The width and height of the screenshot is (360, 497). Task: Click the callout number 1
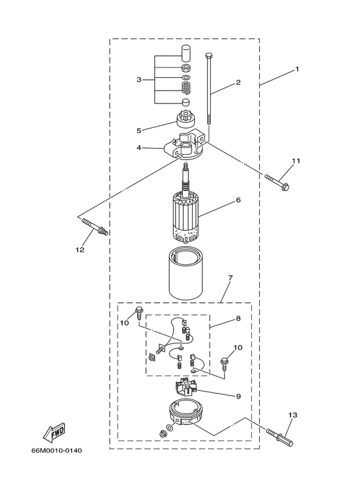coord(297,69)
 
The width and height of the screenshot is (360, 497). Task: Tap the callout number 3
coord(138,80)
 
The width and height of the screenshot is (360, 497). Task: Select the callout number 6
coord(238,200)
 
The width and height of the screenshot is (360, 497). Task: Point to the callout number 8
coord(238,318)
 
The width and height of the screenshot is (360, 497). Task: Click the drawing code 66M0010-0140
coord(56,468)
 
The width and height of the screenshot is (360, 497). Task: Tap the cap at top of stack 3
coord(184,51)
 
